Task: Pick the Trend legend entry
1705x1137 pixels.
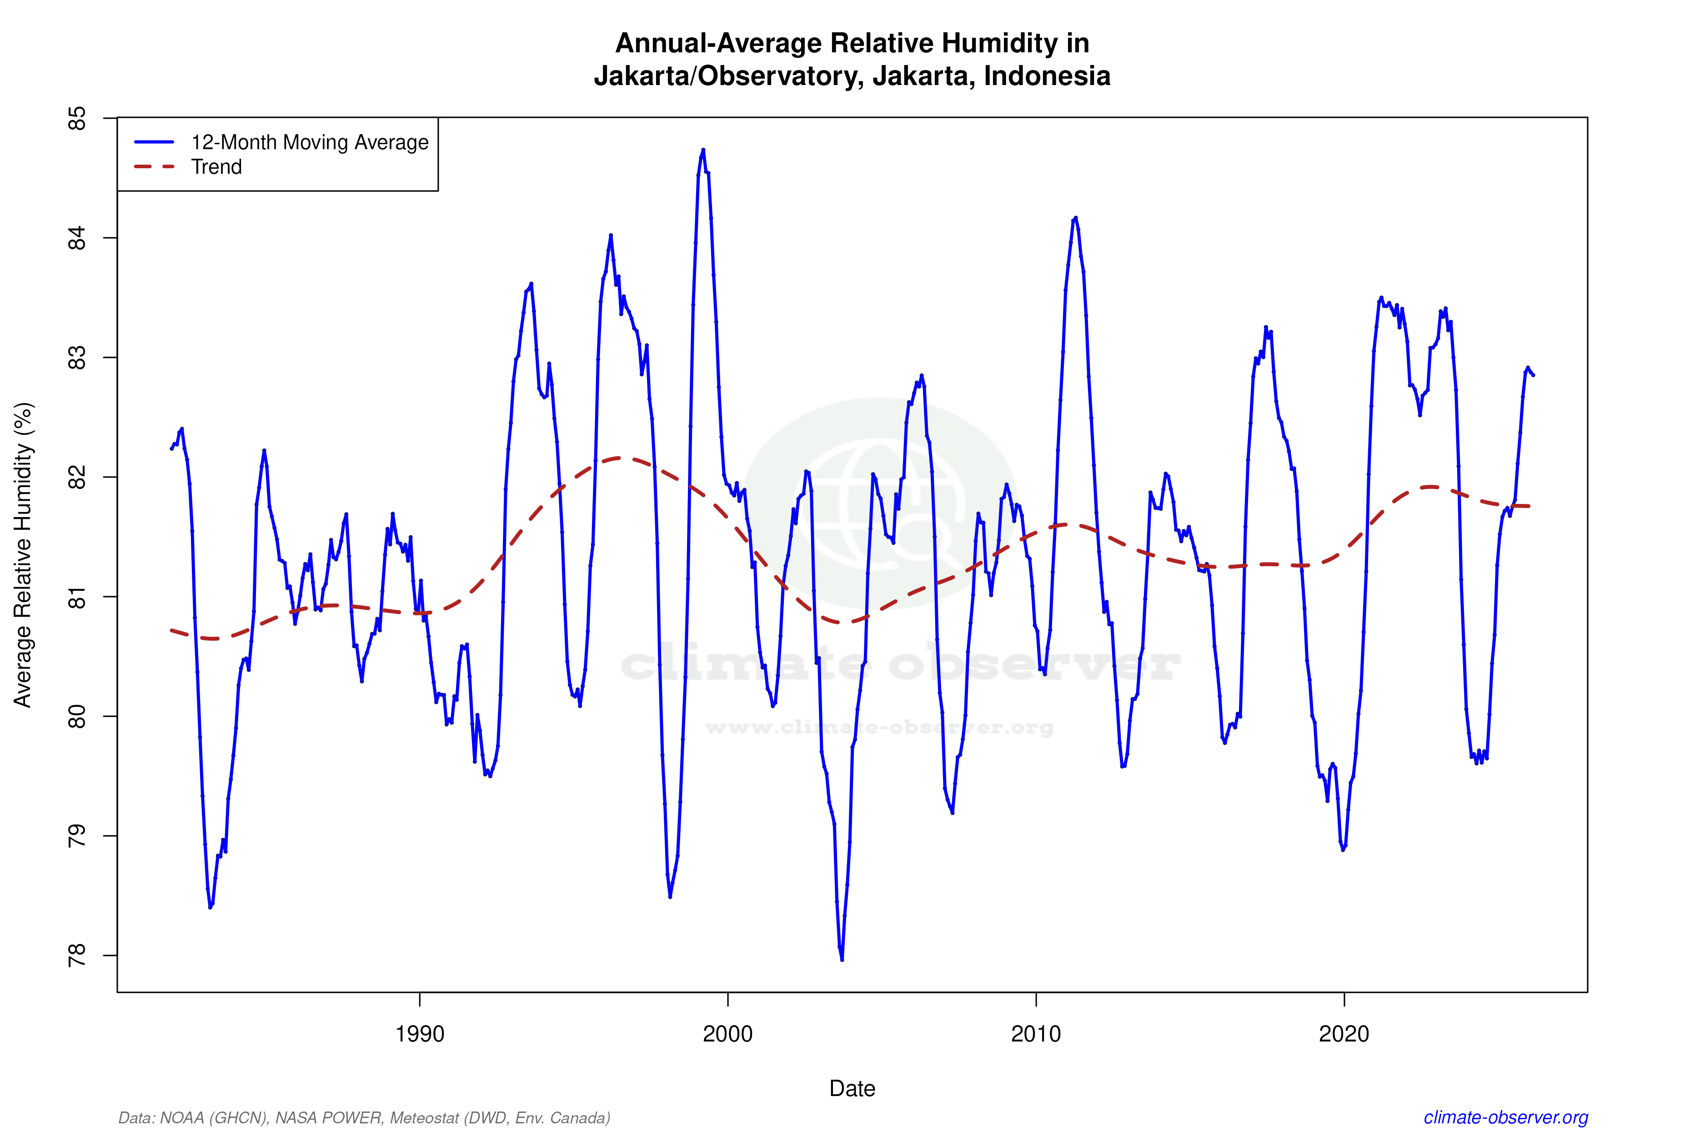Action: pyautogui.click(x=216, y=167)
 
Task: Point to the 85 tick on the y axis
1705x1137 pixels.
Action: pyautogui.click(x=77, y=118)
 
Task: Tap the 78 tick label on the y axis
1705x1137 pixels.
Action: pyautogui.click(x=77, y=955)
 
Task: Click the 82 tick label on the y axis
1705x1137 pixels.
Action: pyautogui.click(x=77, y=477)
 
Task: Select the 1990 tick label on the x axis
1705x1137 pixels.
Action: pyautogui.click(x=419, y=1033)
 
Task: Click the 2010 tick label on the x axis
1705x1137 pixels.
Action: pyautogui.click(x=1036, y=1033)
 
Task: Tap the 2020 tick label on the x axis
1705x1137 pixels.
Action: pyautogui.click(x=1344, y=1033)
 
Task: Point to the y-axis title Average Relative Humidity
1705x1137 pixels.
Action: pyautogui.click(x=23, y=555)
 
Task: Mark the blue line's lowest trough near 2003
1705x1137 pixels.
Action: pyautogui.click(x=842, y=959)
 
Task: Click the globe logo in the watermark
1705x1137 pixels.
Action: pyautogui.click(x=881, y=503)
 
